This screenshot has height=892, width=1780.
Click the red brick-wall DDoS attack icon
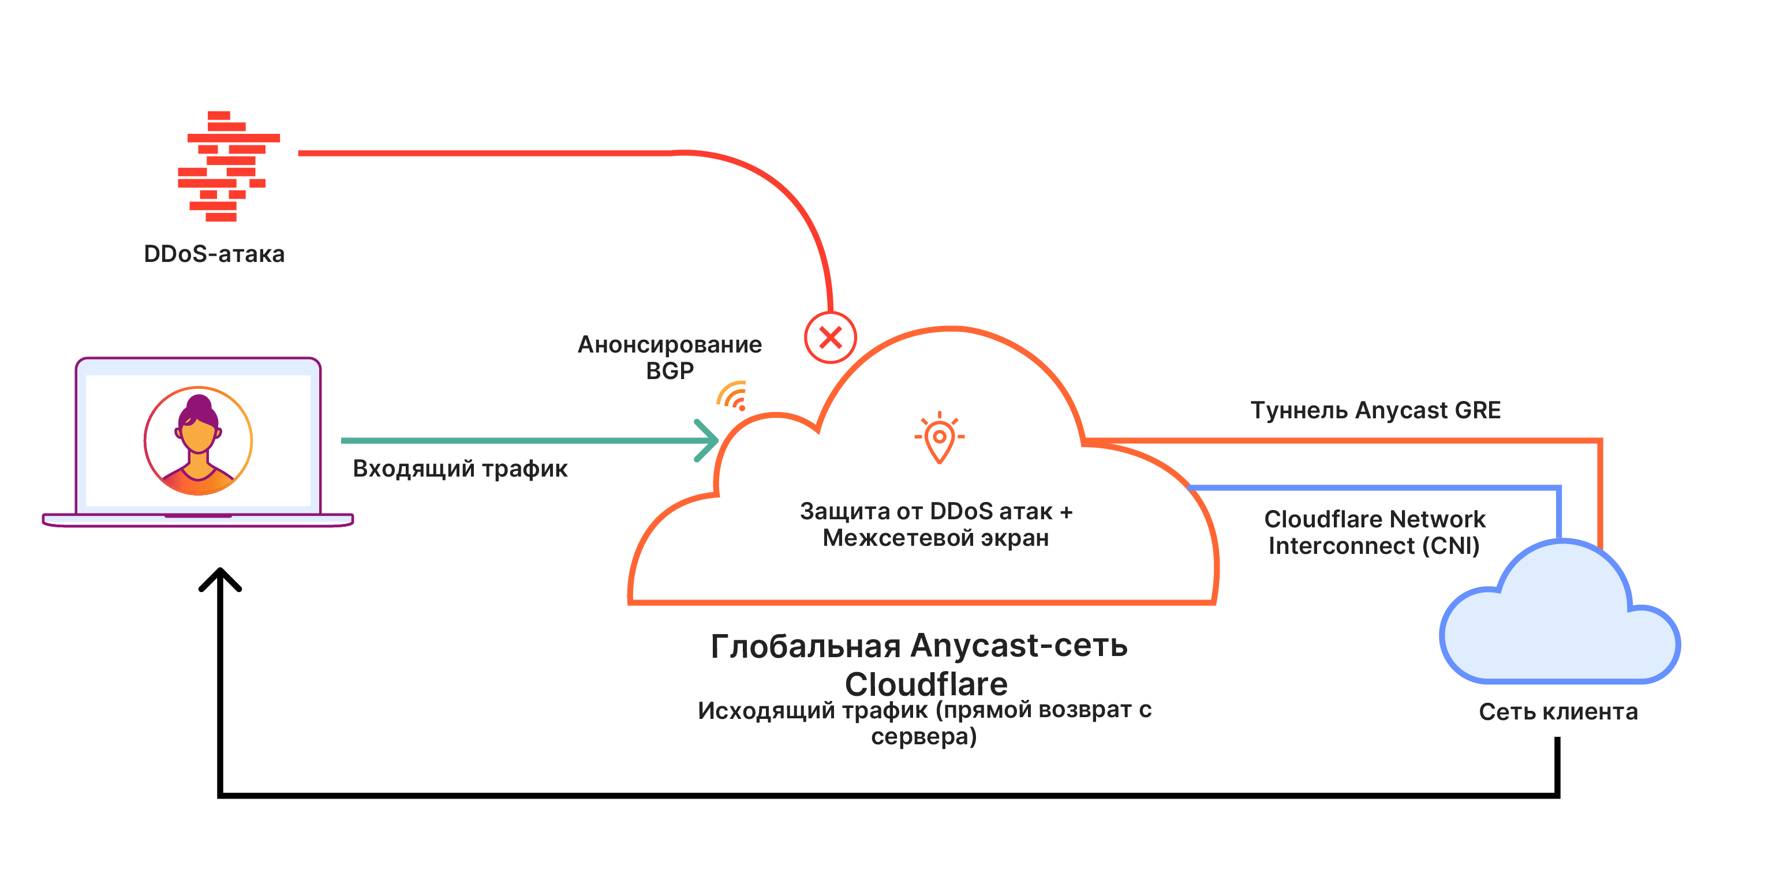coord(229,166)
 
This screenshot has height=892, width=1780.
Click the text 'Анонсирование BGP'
coord(670,357)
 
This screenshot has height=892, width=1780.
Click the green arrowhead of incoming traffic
coord(708,440)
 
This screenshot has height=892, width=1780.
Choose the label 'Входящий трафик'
coord(460,469)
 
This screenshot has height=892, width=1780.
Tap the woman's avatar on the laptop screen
coord(199,441)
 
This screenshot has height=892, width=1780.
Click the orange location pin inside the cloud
coord(939,438)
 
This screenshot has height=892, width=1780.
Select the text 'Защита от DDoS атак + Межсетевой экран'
coord(936,524)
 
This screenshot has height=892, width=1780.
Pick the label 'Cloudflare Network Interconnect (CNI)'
coord(1374,532)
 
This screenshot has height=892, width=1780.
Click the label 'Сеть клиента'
coord(1558,711)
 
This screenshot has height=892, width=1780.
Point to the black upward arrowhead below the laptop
coord(220,579)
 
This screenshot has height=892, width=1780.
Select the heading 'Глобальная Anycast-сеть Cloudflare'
coord(919,665)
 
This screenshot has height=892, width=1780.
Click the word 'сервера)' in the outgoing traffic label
coord(924,737)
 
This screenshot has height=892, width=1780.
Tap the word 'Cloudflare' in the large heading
coord(926,684)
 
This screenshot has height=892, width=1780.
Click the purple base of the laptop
coord(199,520)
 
